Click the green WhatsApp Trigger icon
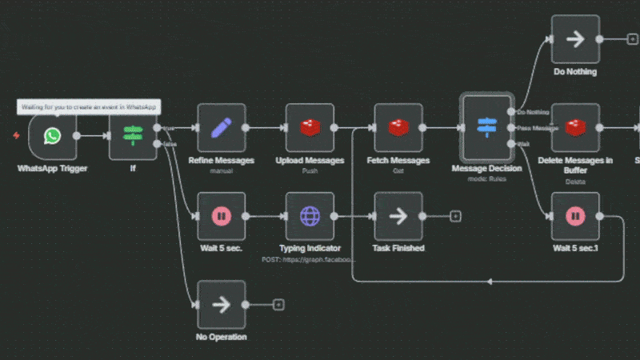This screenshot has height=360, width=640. coord(53,136)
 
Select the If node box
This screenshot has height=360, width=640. coord(133,135)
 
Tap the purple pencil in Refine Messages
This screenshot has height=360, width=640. coord(222,127)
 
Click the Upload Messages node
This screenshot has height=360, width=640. coord(310,127)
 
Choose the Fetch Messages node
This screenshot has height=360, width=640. coord(398,127)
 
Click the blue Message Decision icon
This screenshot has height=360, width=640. coord(486,126)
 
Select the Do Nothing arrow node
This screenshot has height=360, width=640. coord(575,39)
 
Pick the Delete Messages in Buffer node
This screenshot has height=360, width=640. coord(575,127)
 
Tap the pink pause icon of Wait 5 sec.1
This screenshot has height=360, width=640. coord(575,216)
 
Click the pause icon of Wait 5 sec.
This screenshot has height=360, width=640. coord(222,216)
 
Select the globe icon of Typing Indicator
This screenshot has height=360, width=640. coord(310,216)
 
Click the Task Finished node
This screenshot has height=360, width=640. coord(398,216)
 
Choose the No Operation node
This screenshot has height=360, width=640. coord(222,304)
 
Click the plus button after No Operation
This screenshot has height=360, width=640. coord(278,304)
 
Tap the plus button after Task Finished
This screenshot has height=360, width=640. coord(455,216)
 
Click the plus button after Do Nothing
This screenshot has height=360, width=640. coord(632,39)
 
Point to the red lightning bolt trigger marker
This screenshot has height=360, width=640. coord(17,136)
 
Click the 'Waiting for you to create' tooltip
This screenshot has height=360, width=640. coord(88,106)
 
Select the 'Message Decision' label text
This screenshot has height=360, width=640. coord(486,168)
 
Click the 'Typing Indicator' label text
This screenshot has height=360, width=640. coord(310,249)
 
